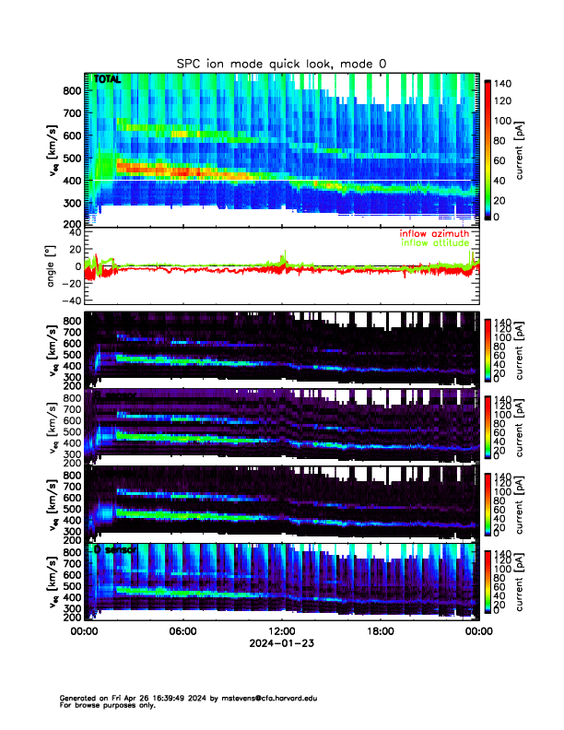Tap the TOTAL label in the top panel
click(107, 80)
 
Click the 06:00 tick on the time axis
click(182, 631)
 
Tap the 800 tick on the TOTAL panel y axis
click(70, 90)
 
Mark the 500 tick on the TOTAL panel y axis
click(70, 158)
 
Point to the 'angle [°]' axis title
click(52, 265)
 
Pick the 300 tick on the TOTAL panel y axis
click(70, 203)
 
